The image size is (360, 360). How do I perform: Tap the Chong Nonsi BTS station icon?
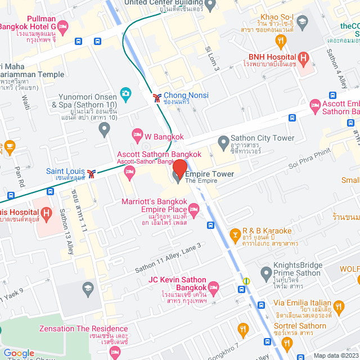point(156,98)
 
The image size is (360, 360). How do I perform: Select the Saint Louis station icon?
point(93,172)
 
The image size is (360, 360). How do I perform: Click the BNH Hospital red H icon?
point(304,57)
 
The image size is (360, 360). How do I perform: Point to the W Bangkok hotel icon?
point(137,134)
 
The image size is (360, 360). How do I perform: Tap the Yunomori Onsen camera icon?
point(125,93)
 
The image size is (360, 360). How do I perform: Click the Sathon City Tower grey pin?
point(223,140)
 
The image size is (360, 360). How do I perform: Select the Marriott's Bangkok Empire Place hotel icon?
point(194,210)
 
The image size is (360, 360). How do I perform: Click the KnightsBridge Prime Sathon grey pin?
point(266,273)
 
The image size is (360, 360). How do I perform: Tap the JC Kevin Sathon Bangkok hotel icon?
point(213,287)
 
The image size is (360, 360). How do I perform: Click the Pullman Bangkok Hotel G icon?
point(62,26)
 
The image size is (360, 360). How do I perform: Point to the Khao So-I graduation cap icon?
point(302,22)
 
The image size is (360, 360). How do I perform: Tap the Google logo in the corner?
point(19,353)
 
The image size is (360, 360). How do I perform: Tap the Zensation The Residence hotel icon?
point(115,351)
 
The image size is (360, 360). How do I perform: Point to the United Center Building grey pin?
point(211,6)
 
